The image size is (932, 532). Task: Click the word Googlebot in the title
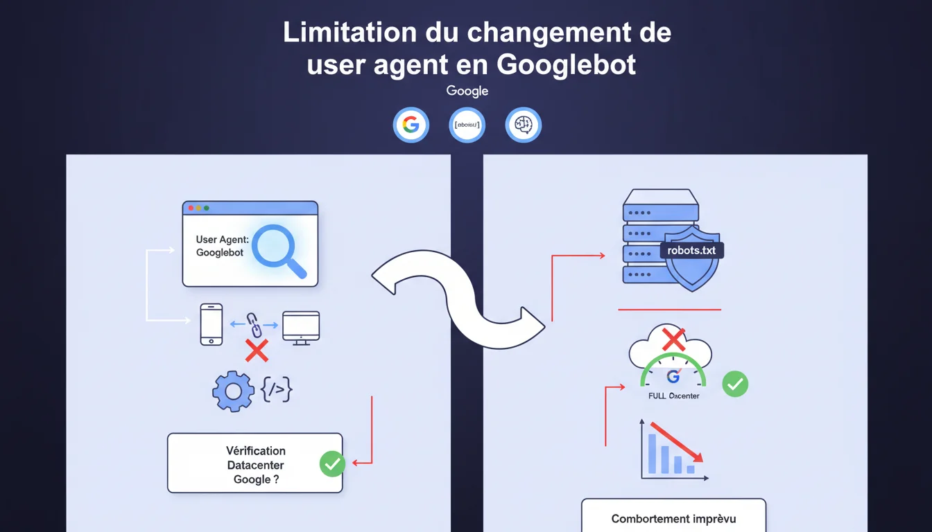(x=567, y=64)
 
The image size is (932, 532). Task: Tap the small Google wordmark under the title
(x=467, y=91)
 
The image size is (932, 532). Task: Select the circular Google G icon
(x=411, y=125)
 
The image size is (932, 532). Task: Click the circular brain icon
(x=523, y=125)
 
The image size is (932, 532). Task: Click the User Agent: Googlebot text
(x=220, y=246)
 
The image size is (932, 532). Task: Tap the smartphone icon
(x=212, y=323)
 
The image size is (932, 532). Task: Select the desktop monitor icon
(x=301, y=327)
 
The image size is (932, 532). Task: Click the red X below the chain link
(x=257, y=351)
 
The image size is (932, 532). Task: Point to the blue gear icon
(x=233, y=392)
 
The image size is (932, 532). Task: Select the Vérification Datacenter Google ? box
(x=254, y=463)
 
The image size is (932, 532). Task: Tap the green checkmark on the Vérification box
(x=332, y=463)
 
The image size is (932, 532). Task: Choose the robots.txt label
(x=691, y=250)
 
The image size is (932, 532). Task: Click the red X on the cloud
(x=673, y=339)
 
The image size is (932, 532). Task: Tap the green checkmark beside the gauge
(x=735, y=384)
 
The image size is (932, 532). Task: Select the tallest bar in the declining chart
(x=652, y=453)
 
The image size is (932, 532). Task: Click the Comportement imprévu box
(x=673, y=517)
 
